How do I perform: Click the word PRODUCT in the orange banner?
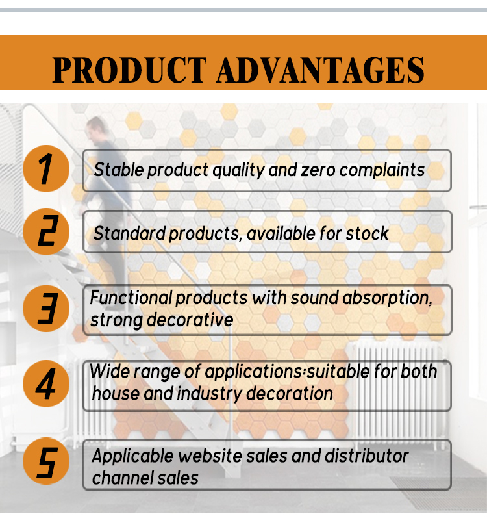[x=130, y=70]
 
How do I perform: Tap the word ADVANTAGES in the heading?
[x=321, y=70]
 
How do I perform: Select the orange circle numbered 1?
[x=46, y=169]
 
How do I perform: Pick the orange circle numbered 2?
[x=46, y=231]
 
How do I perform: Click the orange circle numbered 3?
[x=46, y=308]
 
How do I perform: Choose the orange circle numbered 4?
[x=46, y=383]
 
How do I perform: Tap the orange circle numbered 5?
[x=46, y=461]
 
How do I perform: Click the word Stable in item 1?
[x=119, y=170]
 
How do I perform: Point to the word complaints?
[x=382, y=170]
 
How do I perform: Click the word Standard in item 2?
[x=129, y=233]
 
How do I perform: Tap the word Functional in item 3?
[x=131, y=298]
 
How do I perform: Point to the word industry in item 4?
[x=210, y=394]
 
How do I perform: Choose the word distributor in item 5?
[x=366, y=456]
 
